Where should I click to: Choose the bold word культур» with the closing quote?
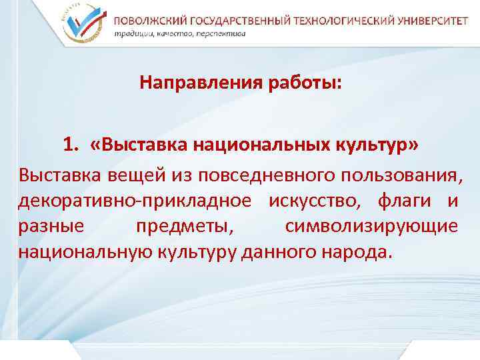point(384,145)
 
